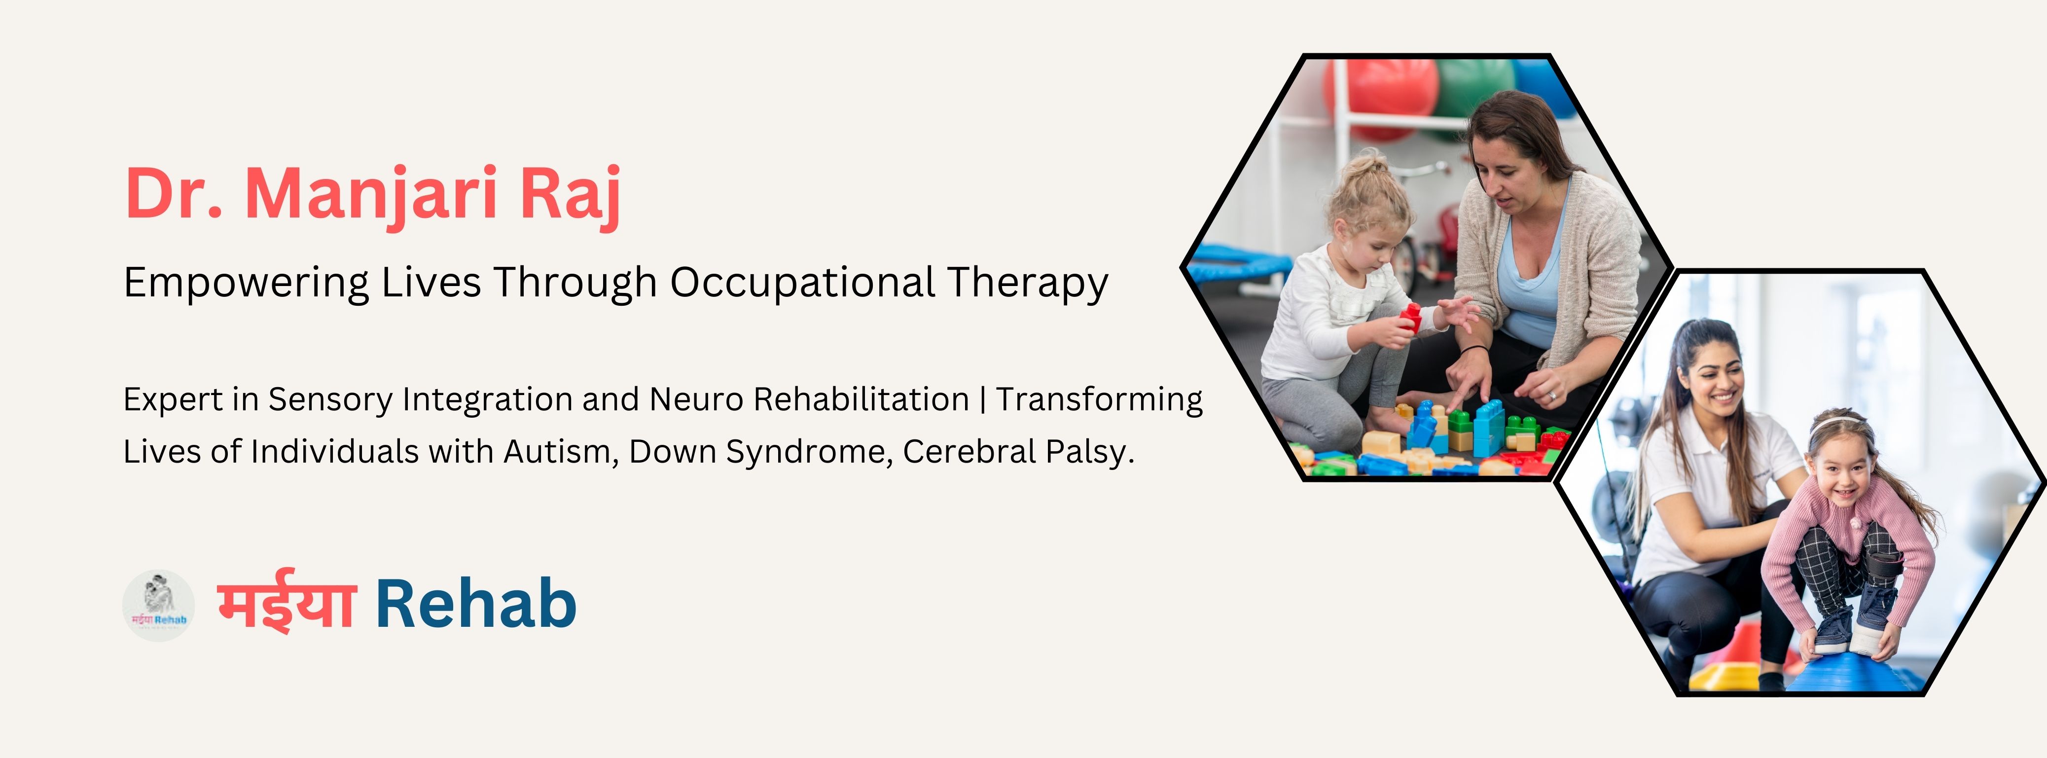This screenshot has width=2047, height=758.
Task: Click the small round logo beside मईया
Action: [158, 606]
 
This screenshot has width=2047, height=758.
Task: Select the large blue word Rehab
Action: [475, 604]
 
